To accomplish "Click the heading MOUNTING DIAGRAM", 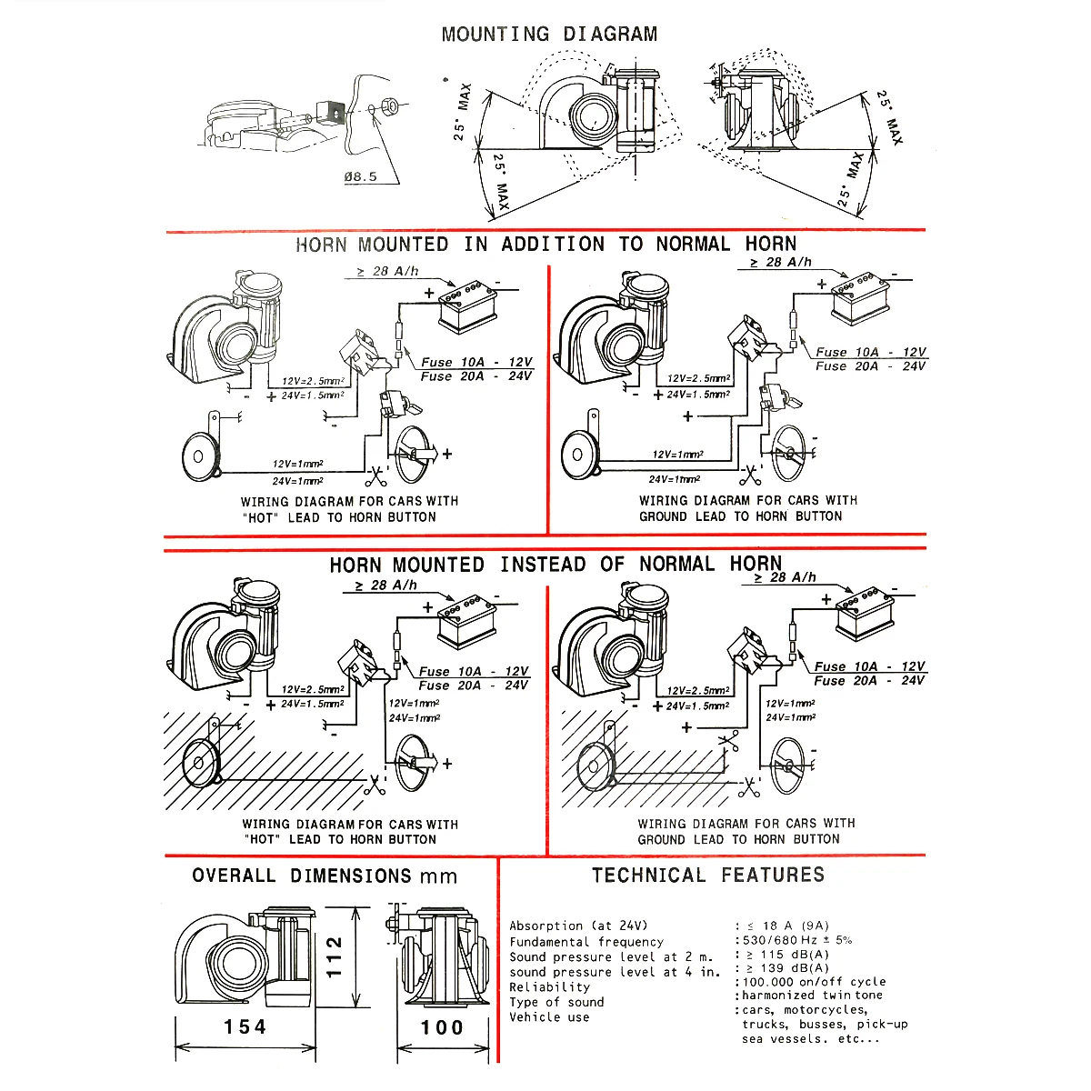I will click(x=549, y=35).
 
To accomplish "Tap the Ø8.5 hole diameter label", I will click(x=360, y=176).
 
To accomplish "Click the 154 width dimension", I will click(x=245, y=1026).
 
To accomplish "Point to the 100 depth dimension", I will click(x=443, y=1027).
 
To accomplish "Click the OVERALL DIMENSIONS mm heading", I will click(x=325, y=876).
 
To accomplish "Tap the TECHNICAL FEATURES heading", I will click(x=708, y=876).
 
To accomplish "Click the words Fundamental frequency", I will click(x=586, y=942).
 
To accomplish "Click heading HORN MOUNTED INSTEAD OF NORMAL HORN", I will click(x=555, y=565).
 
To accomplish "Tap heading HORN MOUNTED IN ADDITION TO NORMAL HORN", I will click(x=545, y=245).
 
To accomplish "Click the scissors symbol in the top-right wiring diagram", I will click(x=750, y=475).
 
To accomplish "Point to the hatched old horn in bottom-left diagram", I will click(x=200, y=762).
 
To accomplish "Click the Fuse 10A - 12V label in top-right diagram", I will click(x=870, y=352).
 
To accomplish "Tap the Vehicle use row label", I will click(x=549, y=1017).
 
